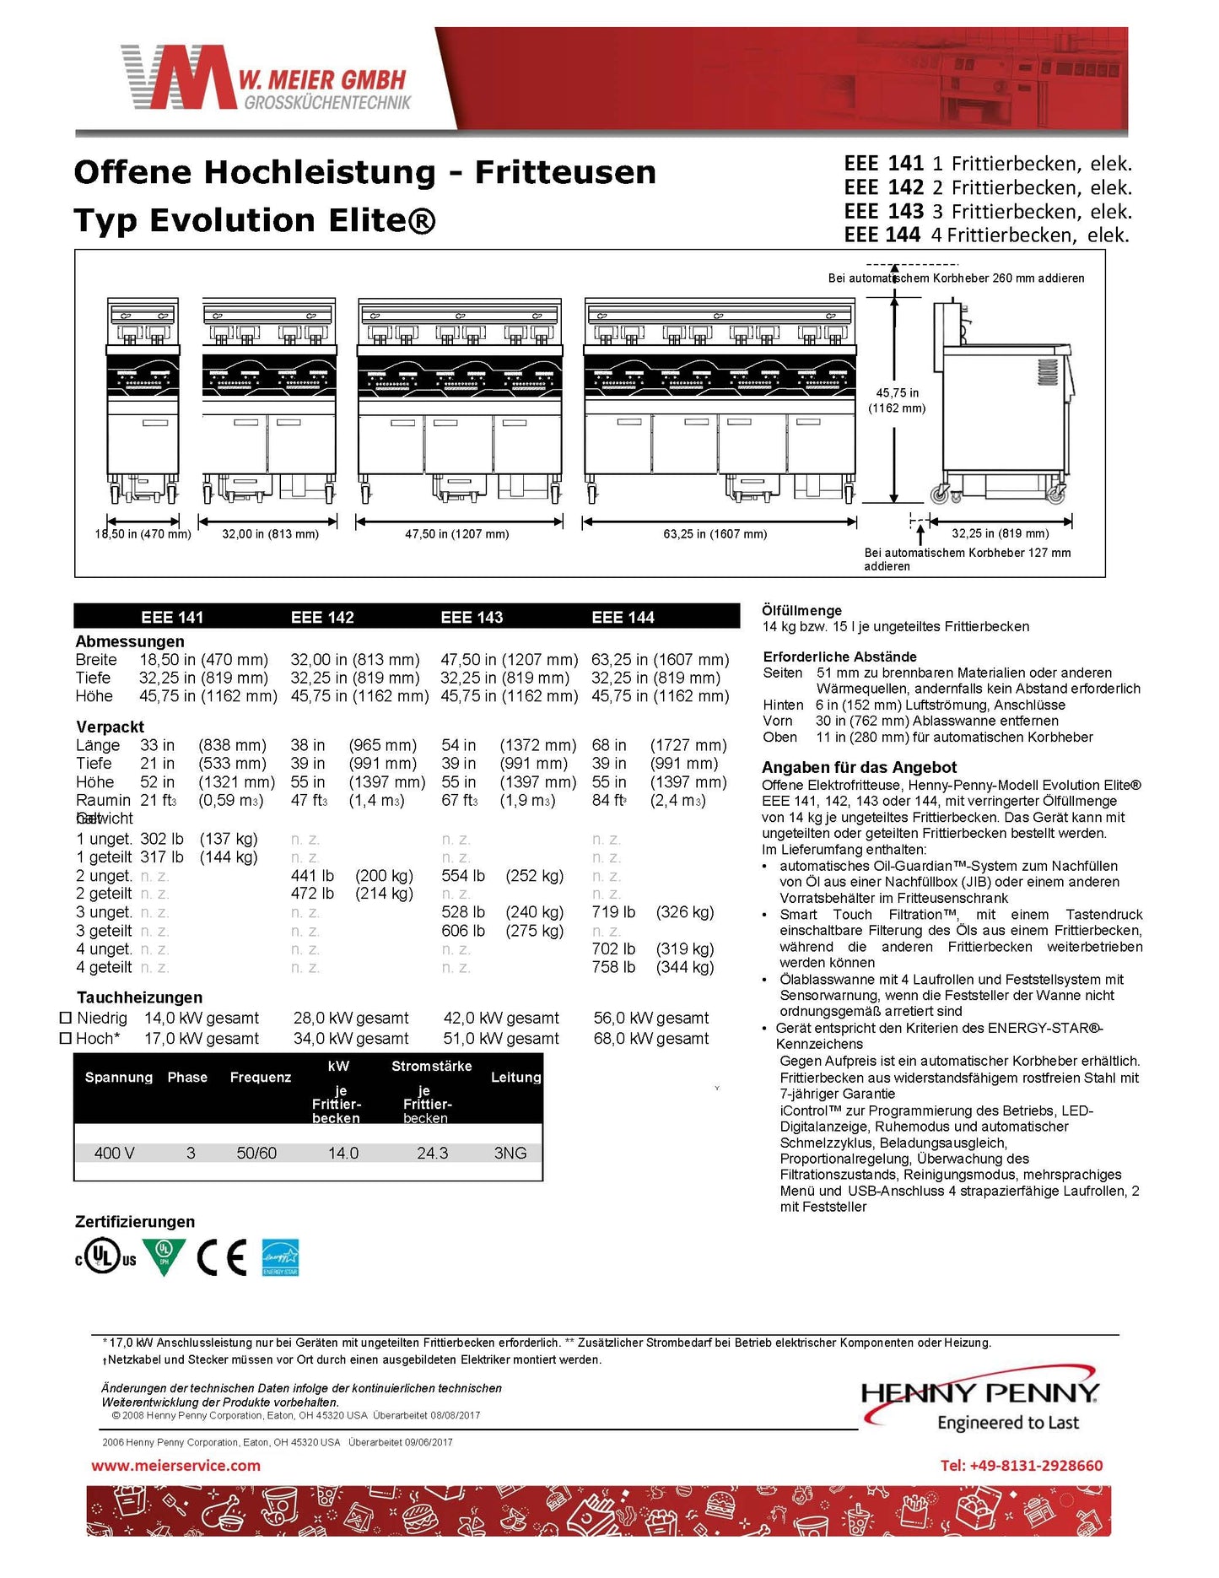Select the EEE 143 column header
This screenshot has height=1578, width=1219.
pos(472,617)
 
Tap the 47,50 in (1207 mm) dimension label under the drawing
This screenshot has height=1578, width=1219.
pos(456,534)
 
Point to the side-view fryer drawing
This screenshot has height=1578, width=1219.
pos(1002,405)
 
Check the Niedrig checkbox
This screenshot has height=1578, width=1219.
pos(66,1019)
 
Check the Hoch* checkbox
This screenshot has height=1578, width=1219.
pos(66,1039)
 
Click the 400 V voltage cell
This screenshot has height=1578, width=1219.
pos(114,1153)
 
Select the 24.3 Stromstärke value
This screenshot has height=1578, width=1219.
pos(432,1153)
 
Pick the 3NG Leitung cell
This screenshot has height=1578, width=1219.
pos(510,1153)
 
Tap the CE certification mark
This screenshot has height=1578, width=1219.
pos(221,1257)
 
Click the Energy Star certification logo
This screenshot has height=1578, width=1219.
pos(280,1257)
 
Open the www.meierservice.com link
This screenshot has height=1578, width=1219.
pos(175,1466)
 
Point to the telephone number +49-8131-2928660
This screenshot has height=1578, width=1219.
pos(1021,1466)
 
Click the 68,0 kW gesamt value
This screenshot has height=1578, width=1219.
pos(650,1039)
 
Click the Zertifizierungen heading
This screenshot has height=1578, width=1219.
pos(135,1222)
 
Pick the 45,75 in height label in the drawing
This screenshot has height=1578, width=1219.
pos(897,393)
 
